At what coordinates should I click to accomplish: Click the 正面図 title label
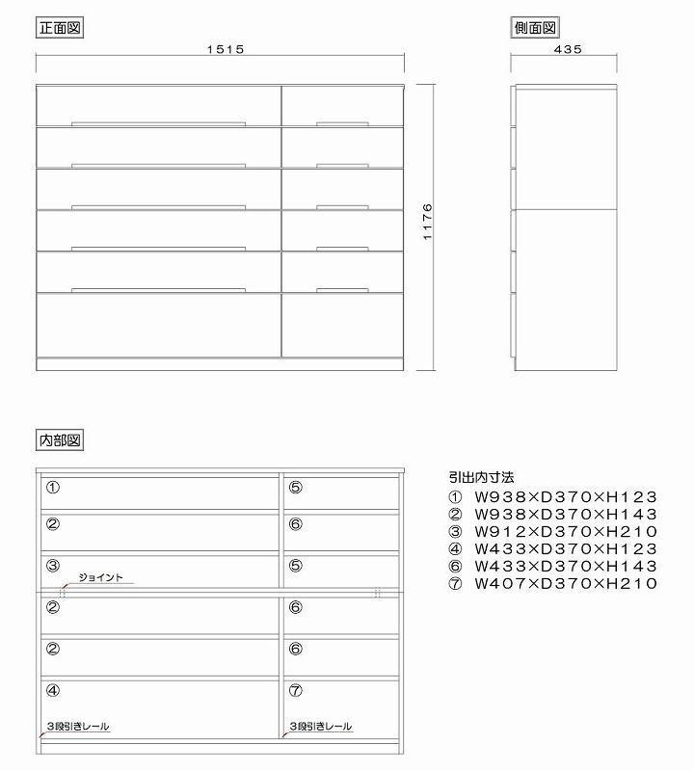tap(60, 28)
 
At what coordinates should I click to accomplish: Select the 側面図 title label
tap(536, 28)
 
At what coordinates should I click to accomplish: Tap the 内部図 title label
tap(60, 440)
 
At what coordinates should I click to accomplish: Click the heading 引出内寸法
tap(482, 477)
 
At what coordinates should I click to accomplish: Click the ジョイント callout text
tap(100, 577)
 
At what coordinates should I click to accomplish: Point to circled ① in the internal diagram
tap(53, 488)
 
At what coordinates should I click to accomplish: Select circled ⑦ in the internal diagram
tap(295, 690)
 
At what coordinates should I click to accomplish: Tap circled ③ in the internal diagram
tap(53, 565)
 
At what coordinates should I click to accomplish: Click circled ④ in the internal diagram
tap(53, 690)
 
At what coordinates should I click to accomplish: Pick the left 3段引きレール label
tap(78, 726)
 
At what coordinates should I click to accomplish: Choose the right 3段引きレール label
tap(320, 726)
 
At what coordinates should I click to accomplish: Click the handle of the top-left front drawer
tap(159, 123)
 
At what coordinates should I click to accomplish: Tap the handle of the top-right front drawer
tap(341, 123)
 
